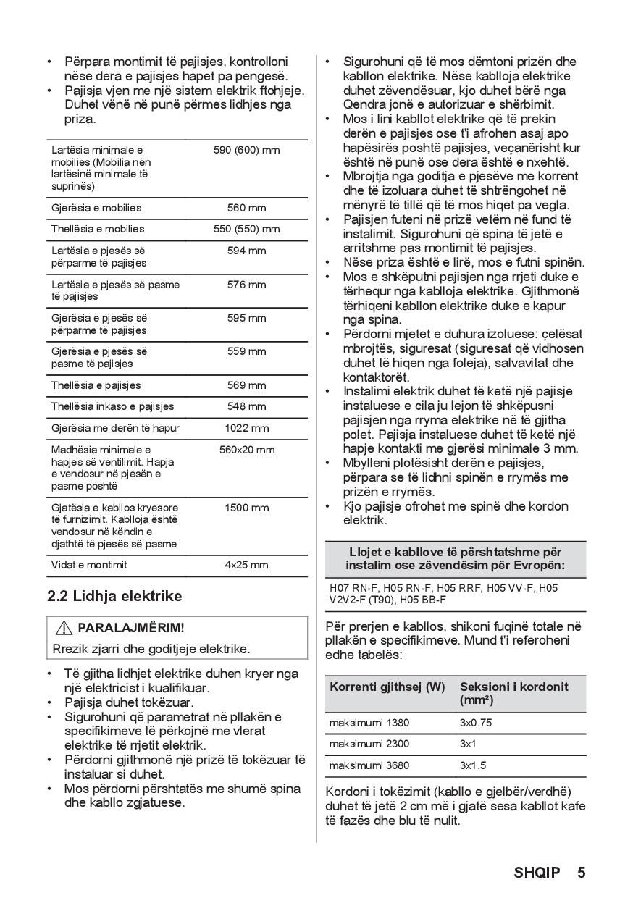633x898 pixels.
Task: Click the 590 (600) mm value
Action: [246, 150]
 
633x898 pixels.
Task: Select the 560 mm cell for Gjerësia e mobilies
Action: [246, 208]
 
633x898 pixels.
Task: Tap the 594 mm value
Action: [246, 251]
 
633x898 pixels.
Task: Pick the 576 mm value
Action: [246, 285]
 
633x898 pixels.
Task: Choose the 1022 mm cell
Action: [246, 428]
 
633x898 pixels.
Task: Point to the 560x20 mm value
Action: [246, 450]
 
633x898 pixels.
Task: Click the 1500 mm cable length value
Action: [246, 508]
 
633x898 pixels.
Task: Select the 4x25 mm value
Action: [246, 565]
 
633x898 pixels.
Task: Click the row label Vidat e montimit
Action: [88, 565]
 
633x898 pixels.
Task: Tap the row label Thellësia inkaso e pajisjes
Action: [112, 406]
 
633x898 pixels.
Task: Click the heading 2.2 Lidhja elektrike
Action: [114, 596]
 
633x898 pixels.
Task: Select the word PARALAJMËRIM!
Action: [131, 628]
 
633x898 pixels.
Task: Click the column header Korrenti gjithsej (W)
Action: [387, 687]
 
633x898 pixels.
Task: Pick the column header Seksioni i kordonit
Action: [514, 687]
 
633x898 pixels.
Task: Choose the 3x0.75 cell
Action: [475, 723]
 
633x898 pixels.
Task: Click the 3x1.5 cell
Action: [472, 765]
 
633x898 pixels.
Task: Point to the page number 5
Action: [581, 872]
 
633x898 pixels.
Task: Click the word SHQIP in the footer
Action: [537, 872]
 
